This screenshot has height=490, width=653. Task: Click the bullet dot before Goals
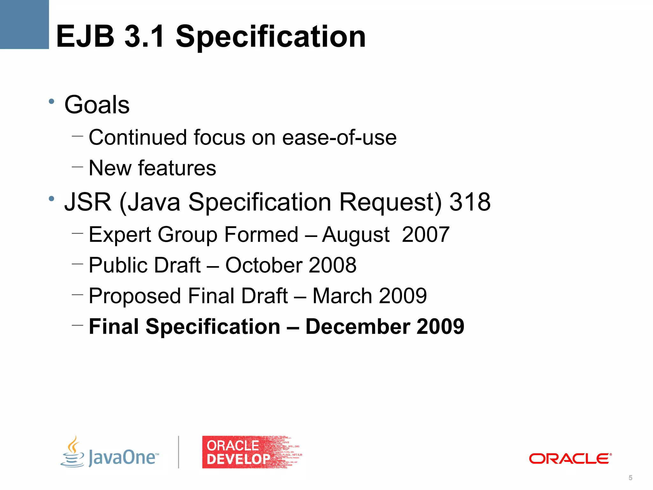pyautogui.click(x=51, y=102)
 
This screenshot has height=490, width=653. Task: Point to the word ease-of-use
pyautogui.click(x=339, y=137)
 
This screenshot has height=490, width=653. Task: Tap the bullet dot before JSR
pyautogui.click(x=51, y=199)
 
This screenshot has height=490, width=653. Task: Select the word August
pyautogui.click(x=356, y=235)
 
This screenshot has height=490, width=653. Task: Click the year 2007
pyautogui.click(x=426, y=235)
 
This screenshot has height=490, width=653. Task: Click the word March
pyautogui.click(x=342, y=296)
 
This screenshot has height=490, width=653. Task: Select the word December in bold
pyautogui.click(x=358, y=327)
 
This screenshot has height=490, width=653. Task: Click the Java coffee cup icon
pyautogui.click(x=73, y=452)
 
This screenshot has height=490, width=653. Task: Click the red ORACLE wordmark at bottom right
pyautogui.click(x=570, y=459)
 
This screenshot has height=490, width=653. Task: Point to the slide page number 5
pyautogui.click(x=630, y=478)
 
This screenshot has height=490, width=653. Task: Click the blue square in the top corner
pyautogui.click(x=24, y=24)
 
